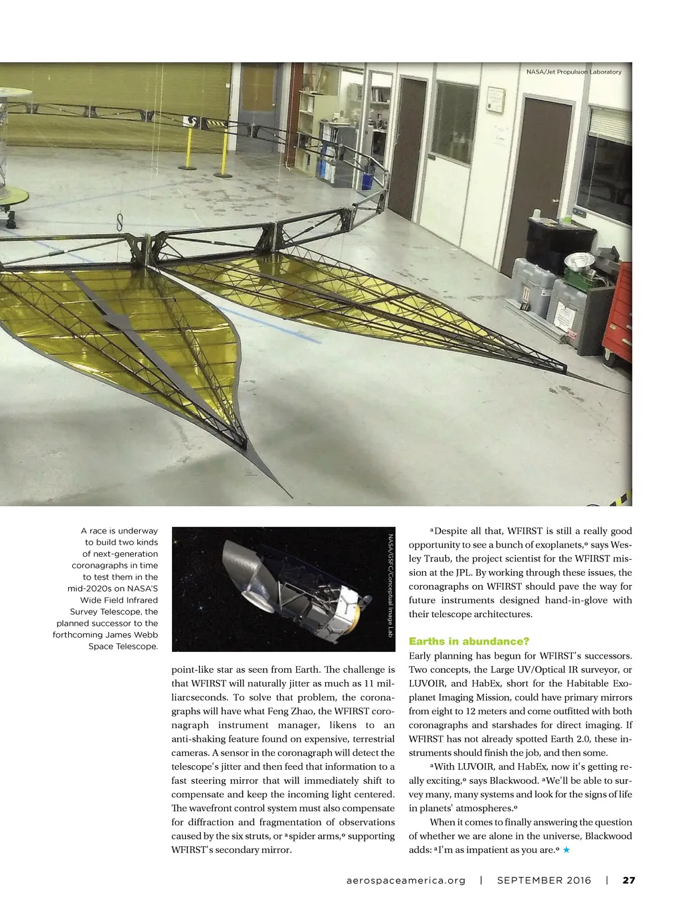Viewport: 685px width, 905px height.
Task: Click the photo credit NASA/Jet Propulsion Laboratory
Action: pos(573,72)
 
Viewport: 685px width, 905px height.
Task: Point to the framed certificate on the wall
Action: pos(495,100)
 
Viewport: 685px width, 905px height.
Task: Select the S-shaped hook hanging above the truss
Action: pos(120,222)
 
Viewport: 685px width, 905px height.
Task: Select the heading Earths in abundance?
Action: pos(469,641)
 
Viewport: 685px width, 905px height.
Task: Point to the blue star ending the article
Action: pos(566,850)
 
